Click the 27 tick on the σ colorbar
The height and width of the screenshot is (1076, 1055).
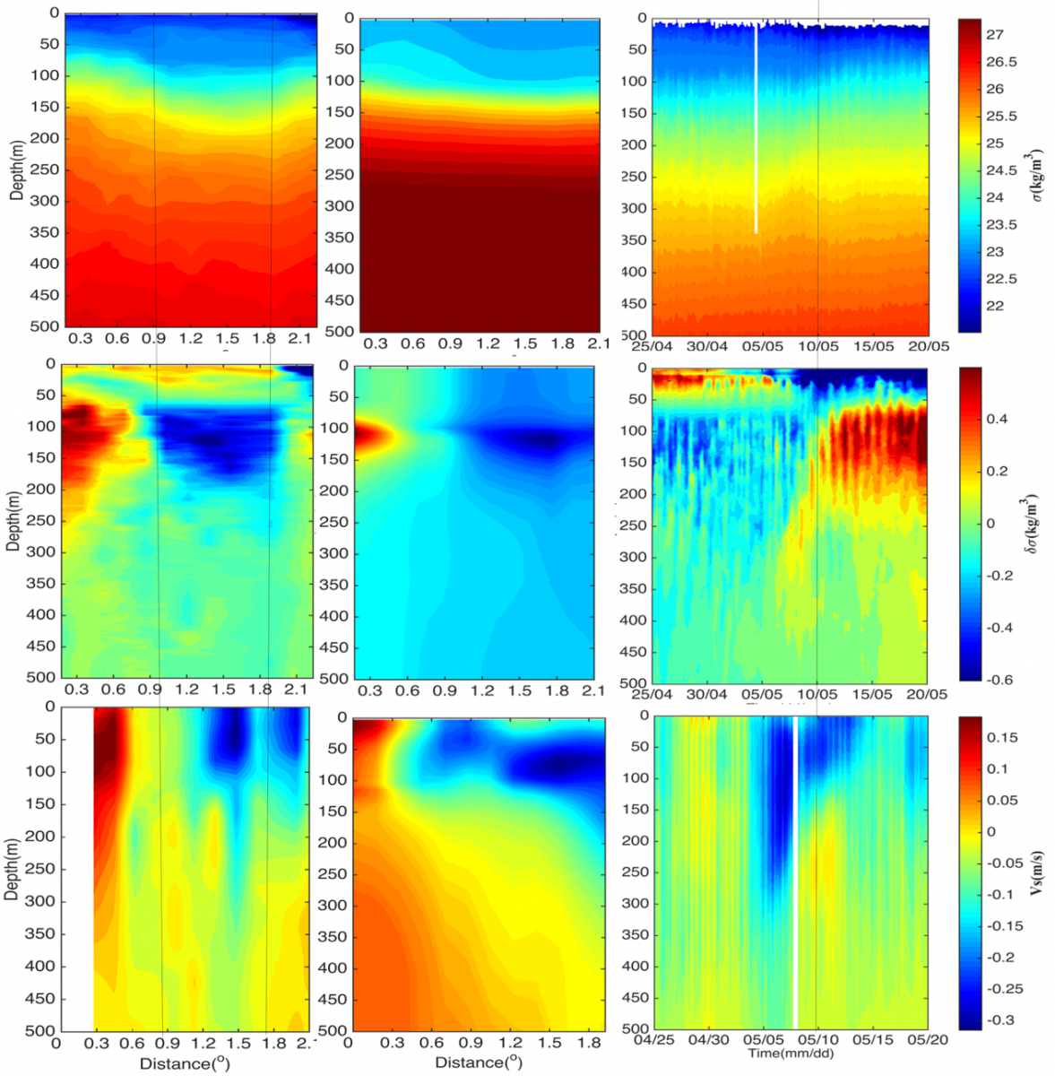click(x=995, y=35)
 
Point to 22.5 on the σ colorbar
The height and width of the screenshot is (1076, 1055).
click(x=1001, y=279)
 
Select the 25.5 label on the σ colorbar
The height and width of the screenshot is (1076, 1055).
click(x=1001, y=117)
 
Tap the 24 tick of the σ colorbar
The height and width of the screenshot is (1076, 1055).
click(x=995, y=197)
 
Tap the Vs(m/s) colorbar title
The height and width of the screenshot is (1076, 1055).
click(x=1036, y=870)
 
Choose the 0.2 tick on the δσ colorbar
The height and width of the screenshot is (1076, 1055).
click(x=997, y=472)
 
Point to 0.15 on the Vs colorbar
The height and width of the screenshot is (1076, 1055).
click(x=1002, y=738)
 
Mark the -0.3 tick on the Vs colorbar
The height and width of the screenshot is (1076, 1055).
click(x=1002, y=1020)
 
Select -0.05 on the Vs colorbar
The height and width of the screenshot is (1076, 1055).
click(x=1005, y=863)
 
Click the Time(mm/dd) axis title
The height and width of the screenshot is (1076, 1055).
click(x=791, y=1054)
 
